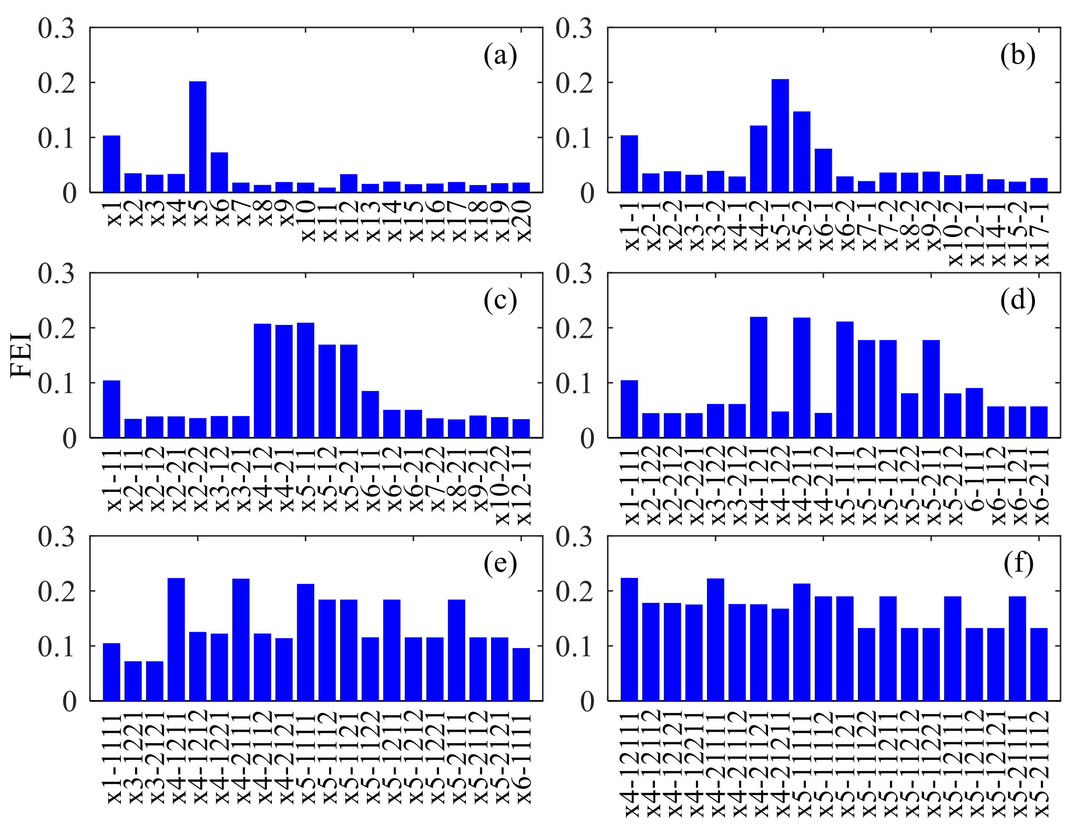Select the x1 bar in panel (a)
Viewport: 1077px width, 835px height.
pyautogui.click(x=111, y=164)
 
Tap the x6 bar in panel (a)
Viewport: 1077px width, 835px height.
pyautogui.click(x=219, y=172)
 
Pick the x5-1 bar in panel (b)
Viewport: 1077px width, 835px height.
pyautogui.click(x=780, y=136)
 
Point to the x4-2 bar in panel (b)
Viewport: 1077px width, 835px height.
pyautogui.click(x=759, y=159)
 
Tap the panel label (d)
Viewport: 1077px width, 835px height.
pyautogui.click(x=1017, y=300)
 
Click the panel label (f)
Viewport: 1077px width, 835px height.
pyautogui.click(x=1018, y=563)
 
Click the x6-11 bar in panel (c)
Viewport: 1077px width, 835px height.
pyautogui.click(x=370, y=414)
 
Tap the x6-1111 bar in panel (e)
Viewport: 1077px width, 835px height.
pyautogui.click(x=521, y=674)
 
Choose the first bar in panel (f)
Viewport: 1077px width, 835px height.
pyautogui.click(x=629, y=639)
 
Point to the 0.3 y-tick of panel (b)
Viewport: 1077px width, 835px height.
pyautogui.click(x=574, y=28)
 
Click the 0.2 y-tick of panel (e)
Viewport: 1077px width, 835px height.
pyautogui.click(x=56, y=591)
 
